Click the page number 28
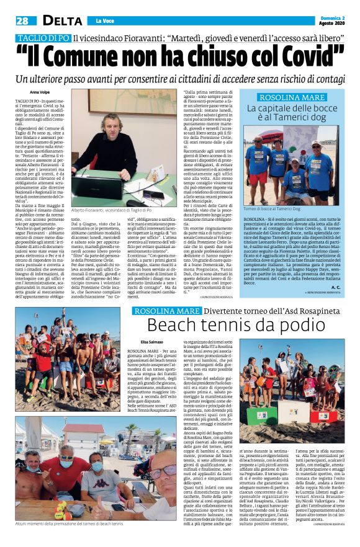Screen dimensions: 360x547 pyautogui.click(x=23, y=20)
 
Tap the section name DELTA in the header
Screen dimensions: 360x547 pyautogui.click(x=61, y=20)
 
